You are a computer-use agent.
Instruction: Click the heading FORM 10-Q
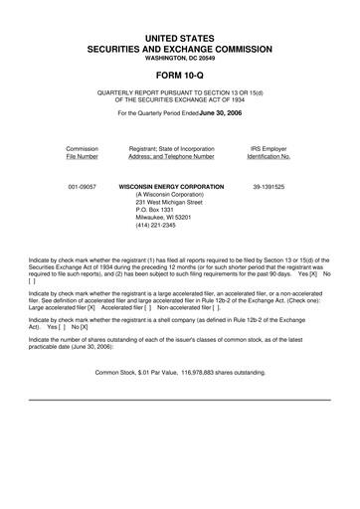179,72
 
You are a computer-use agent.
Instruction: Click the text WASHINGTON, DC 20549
179,57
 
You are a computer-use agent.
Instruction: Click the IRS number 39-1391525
269,186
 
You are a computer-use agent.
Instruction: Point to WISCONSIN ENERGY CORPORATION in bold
171,186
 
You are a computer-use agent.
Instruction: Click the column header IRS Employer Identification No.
269,152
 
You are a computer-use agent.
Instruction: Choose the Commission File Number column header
82,152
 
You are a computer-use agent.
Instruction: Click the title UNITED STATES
179,37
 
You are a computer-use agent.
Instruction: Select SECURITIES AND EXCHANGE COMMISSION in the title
179,48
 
